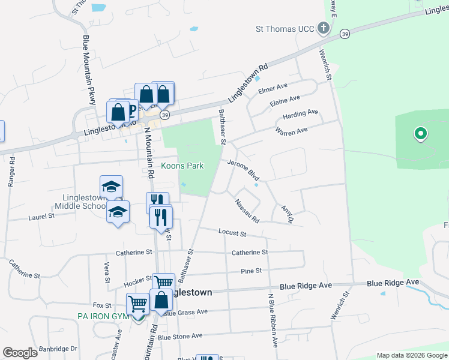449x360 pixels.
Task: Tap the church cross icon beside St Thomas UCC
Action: click(x=323, y=28)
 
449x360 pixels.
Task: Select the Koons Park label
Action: click(x=182, y=166)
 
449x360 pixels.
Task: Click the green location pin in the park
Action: click(x=421, y=134)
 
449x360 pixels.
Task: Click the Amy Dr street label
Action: click(x=286, y=214)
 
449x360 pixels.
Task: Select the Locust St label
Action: click(x=232, y=232)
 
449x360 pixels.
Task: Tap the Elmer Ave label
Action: click(x=273, y=90)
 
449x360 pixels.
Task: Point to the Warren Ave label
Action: click(x=291, y=130)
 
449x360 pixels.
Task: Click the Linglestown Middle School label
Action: click(x=80, y=201)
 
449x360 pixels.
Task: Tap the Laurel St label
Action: click(x=41, y=217)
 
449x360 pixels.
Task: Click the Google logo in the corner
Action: click(x=20, y=353)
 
